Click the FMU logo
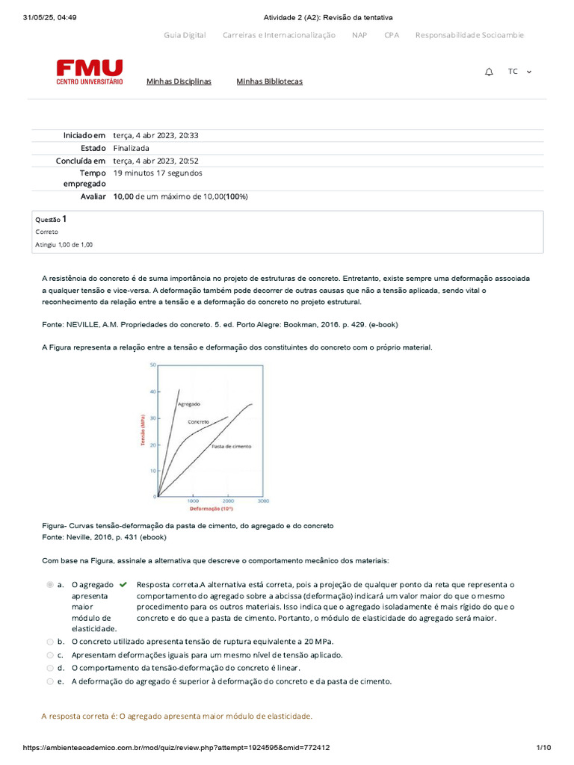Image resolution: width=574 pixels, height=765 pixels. (x=90, y=72)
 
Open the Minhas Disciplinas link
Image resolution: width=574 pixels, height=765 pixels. (x=179, y=81)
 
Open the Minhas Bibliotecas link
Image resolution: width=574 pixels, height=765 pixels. (x=269, y=81)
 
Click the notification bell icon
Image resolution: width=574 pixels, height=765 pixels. (x=489, y=72)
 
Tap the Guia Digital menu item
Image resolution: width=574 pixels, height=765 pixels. (x=185, y=35)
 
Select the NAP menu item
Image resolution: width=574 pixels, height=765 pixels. (x=359, y=35)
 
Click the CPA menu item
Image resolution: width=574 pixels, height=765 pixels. (x=392, y=35)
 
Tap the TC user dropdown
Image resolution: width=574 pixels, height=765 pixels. (x=519, y=72)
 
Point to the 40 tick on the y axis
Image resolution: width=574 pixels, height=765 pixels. (x=152, y=391)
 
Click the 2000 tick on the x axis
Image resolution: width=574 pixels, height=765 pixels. (x=228, y=502)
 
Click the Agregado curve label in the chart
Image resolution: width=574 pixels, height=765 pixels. (x=188, y=403)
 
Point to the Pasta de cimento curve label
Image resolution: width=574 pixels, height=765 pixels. (x=232, y=446)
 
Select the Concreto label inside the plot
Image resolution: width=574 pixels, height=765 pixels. (x=198, y=422)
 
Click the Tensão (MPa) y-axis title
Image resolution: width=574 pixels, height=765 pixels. (x=141, y=431)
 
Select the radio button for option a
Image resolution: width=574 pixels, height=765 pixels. (x=49, y=584)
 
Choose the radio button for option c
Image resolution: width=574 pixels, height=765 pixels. (x=49, y=654)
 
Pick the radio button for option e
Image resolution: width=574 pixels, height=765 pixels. (x=49, y=681)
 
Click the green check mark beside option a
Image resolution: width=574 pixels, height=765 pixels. (x=123, y=584)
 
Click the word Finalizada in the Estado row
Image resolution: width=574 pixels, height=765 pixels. (x=131, y=148)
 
